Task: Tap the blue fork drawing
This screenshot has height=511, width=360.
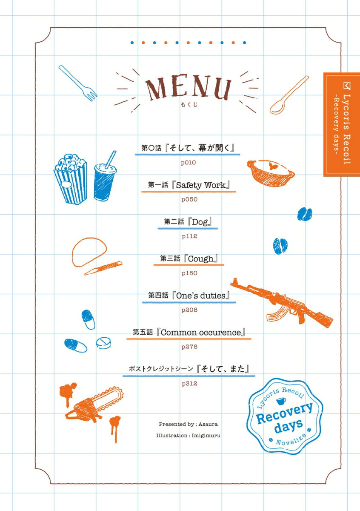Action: point(77,83)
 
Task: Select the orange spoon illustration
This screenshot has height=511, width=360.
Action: point(289,95)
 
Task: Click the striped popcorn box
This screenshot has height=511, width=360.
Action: point(71,179)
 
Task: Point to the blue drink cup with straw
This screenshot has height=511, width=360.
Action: point(105,178)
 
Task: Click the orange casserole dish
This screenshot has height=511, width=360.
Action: point(271,173)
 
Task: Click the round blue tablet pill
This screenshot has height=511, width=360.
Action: point(103,343)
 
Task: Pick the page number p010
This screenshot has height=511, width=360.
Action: point(189,163)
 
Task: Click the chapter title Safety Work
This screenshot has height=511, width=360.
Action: point(201,185)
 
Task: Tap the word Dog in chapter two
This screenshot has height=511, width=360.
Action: point(200,222)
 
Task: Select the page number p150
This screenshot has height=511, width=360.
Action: point(189,273)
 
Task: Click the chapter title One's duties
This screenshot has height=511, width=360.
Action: point(201,296)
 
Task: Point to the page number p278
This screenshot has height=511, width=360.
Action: point(189,347)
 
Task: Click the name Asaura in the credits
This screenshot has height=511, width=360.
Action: point(208,424)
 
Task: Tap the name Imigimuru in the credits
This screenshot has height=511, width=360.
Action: point(206,436)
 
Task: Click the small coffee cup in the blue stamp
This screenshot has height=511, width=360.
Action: point(281,401)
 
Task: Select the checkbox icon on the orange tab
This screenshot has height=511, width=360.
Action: point(347,86)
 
